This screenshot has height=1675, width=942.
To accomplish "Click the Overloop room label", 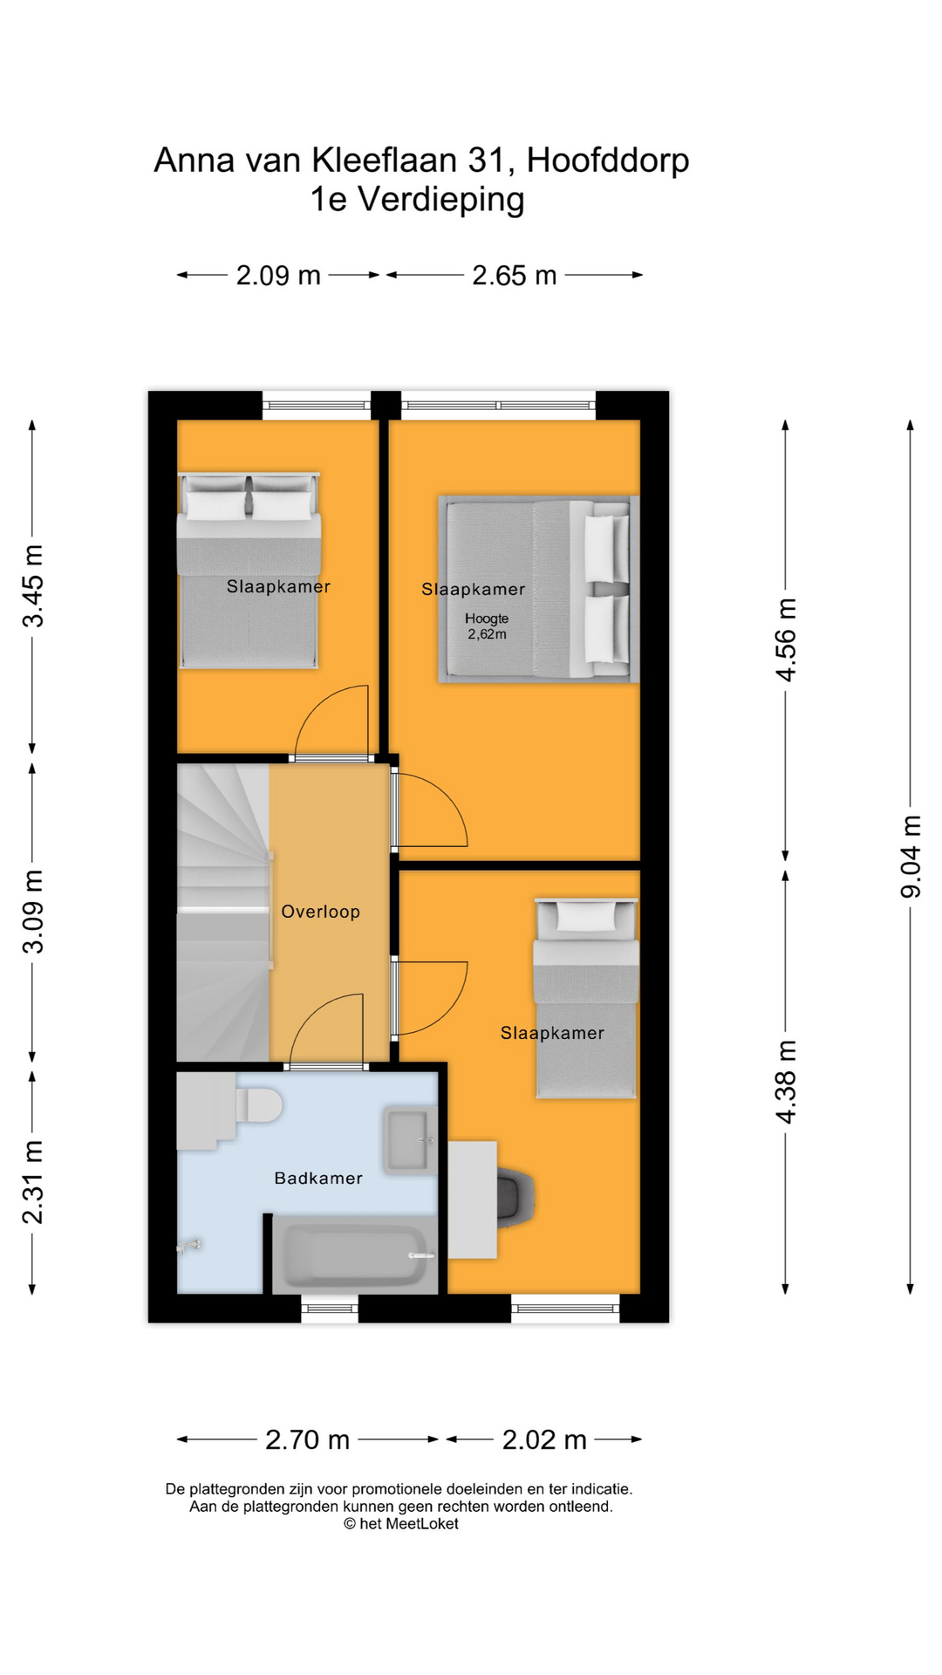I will coord(320,912).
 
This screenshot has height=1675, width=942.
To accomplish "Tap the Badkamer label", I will coord(317,1178).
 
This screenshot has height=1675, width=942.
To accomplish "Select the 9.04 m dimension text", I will coord(911,856).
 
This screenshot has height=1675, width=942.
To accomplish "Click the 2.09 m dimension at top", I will coord(278,276).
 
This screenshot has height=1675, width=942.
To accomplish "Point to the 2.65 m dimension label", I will coord(514,276).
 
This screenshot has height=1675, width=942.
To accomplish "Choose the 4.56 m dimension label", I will coord(786,639).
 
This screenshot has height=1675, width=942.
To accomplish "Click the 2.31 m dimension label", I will coord(32,1181).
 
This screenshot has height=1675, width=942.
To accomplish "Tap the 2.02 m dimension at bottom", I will coord(544,1439).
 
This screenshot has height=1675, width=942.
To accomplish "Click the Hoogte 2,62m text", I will coord(486,626).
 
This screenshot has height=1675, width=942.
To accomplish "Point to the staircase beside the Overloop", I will coord(223,912).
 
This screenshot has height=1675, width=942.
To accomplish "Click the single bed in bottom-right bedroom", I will coord(585,999).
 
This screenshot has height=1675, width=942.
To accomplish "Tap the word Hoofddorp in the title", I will coord(608,161).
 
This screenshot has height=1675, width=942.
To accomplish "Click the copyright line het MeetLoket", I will coord(401,1523).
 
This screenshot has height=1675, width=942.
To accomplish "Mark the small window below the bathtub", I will coord(330,1308).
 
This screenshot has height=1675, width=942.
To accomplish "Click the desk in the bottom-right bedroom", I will coord(472,1200).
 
